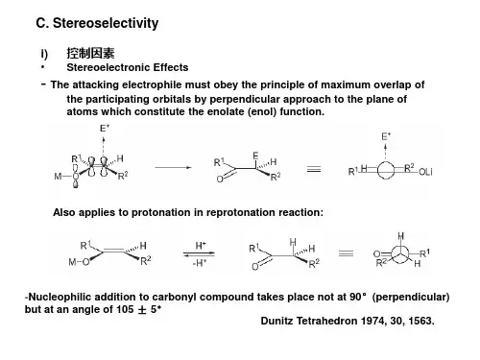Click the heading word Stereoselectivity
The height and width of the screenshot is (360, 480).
pyautogui.click(x=106, y=23)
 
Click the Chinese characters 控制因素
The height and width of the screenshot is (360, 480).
pyautogui.click(x=90, y=53)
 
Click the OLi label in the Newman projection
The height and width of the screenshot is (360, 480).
pyautogui.click(x=425, y=172)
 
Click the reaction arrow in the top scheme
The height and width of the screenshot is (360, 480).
pyautogui.click(x=173, y=167)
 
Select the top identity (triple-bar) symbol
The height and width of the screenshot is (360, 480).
pyautogui.click(x=314, y=169)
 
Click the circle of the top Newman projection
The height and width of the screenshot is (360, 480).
pyautogui.click(x=386, y=161)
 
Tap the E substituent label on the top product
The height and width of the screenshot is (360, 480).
pyautogui.click(x=255, y=156)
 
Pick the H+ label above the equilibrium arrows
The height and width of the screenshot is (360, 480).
pyautogui.click(x=201, y=246)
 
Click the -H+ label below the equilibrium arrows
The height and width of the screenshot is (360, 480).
pyautogui.click(x=200, y=263)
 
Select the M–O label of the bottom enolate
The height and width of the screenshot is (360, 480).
pyautogui.click(x=79, y=262)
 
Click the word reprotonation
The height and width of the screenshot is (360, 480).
pyautogui.click(x=241, y=212)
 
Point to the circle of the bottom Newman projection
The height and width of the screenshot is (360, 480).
pyautogui.click(x=399, y=246)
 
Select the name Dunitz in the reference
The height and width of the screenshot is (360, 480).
pyautogui.click(x=276, y=321)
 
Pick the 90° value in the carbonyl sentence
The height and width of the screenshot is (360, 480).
pyautogui.click(x=357, y=297)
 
